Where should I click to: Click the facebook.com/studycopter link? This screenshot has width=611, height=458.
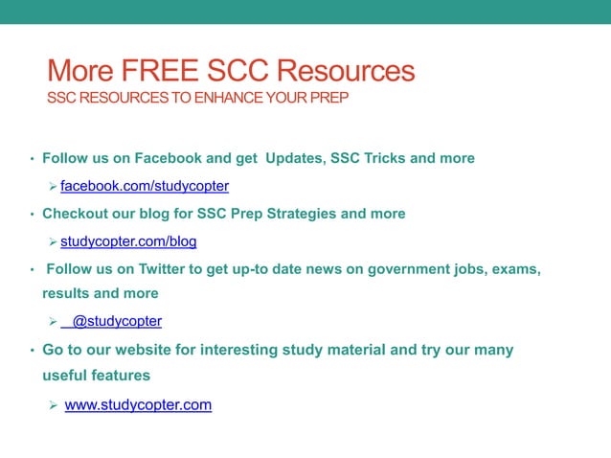pyautogui.click(x=145, y=186)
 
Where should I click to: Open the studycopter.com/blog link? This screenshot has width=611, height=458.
pyautogui.click(x=128, y=241)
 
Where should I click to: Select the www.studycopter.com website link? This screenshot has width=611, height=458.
pyautogui.click(x=138, y=405)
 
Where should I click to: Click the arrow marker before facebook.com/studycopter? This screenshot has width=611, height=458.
pyautogui.click(x=54, y=186)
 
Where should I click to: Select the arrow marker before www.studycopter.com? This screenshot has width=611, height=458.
pyautogui.click(x=54, y=405)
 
